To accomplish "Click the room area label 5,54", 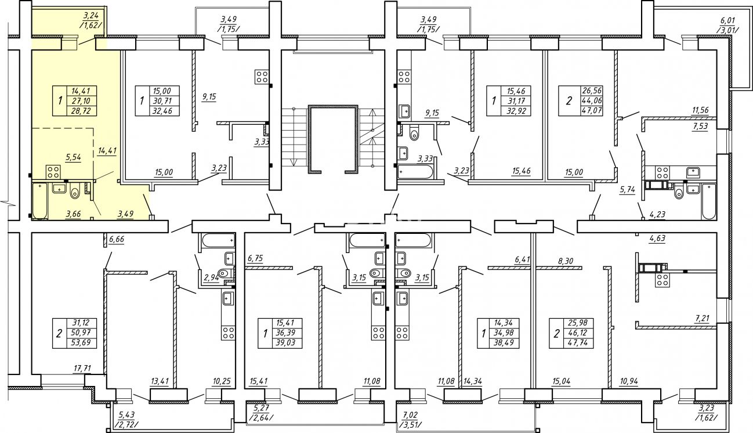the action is coord(74,157).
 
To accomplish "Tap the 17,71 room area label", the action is coord(82,369).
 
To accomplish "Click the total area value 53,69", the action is coord(82,343).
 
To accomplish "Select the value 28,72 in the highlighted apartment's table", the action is coord(81,111).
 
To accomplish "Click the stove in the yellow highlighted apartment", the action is coord(53,172).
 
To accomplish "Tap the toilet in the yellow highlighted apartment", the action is coord(74,192).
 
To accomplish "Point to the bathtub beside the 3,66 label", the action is coord(40,201).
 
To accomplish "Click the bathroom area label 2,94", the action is coord(212,278).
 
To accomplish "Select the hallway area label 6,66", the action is coord(117,239).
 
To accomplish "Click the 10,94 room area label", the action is coord(629,381).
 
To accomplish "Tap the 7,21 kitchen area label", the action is coord(701,318).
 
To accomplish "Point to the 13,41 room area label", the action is coord(160,381).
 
